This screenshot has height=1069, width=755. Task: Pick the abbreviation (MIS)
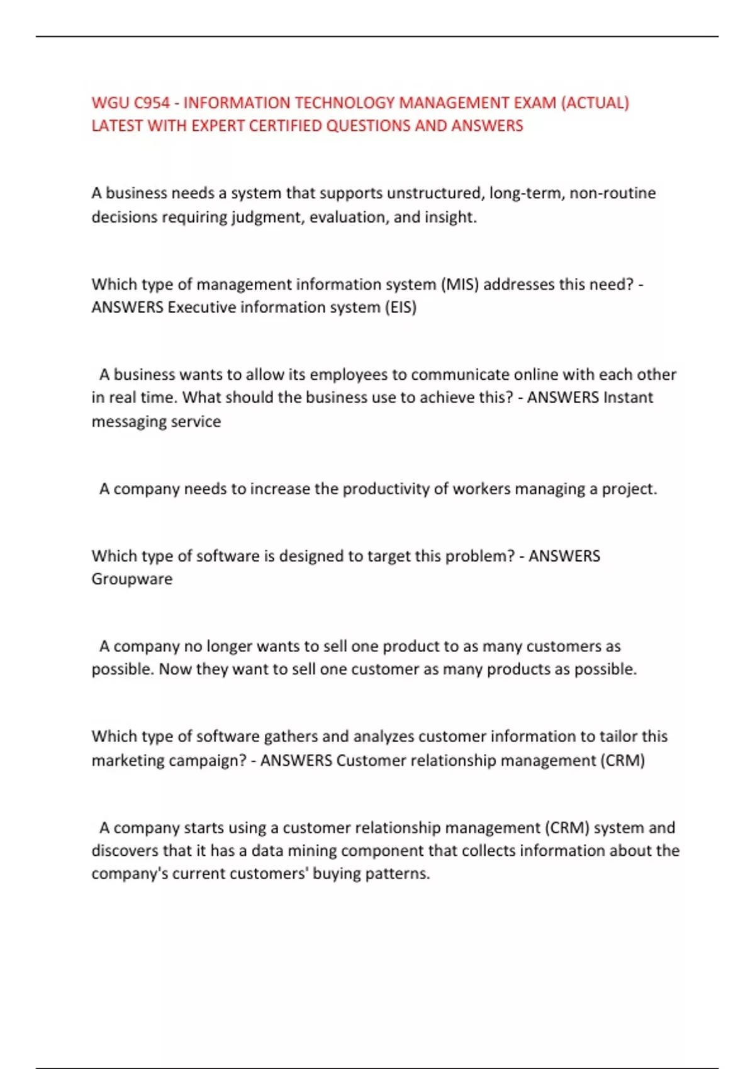[x=460, y=284]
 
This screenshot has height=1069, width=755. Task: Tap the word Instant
[x=628, y=397]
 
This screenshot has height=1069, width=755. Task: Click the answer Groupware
[x=131, y=579]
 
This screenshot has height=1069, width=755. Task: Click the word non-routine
[x=612, y=193]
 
